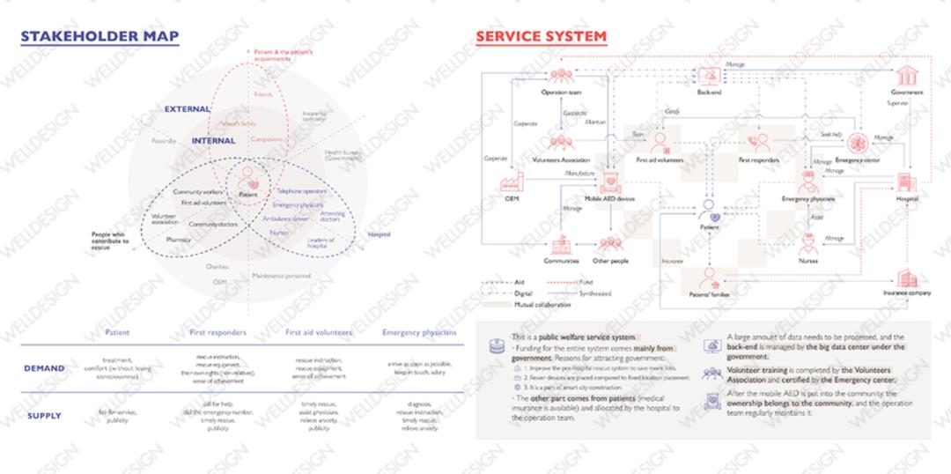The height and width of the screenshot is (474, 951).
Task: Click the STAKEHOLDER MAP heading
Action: tap(100, 36)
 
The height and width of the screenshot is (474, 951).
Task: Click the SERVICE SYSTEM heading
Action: tap(541, 36)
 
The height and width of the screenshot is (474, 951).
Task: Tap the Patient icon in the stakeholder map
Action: tap(247, 174)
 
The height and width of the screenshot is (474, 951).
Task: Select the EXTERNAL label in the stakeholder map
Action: tap(188, 109)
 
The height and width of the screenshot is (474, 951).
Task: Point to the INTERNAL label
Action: tap(213, 141)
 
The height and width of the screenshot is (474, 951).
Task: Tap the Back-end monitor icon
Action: tap(709, 75)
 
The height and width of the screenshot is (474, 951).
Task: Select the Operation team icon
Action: tap(560, 77)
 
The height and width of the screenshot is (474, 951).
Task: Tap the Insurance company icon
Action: tap(906, 278)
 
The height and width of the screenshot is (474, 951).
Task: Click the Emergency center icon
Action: tap(858, 142)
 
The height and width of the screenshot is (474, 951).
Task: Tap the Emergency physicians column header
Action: tap(419, 333)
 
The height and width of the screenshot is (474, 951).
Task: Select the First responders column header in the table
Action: tap(217, 333)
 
